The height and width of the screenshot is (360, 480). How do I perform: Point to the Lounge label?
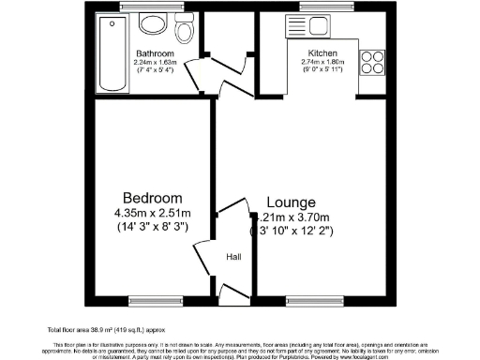[x=291, y=202]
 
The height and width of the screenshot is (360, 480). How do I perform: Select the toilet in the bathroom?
[x=187, y=30]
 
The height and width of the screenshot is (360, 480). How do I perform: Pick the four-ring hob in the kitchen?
[x=371, y=60]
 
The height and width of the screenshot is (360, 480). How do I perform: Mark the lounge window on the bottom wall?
[x=309, y=301]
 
